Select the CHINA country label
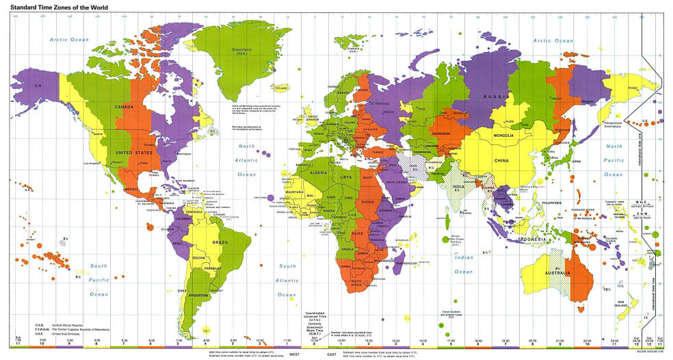point(502,160)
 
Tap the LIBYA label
point(347,177)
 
